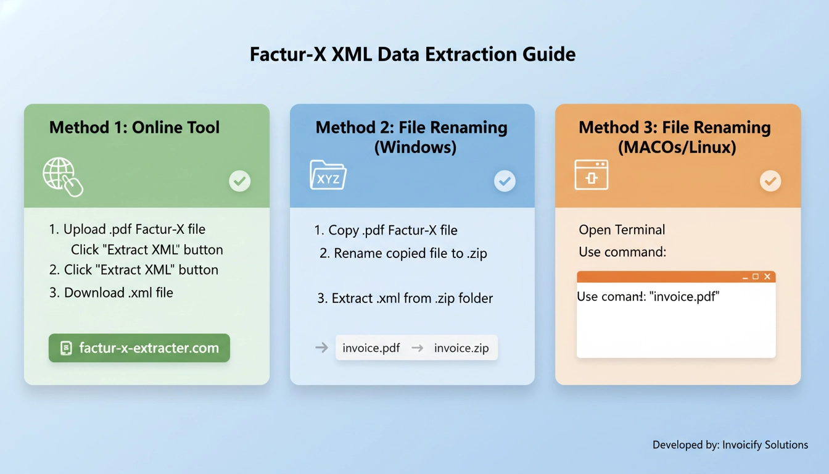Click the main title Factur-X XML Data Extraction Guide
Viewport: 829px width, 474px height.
pyautogui.click(x=413, y=54)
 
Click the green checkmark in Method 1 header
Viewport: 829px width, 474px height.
pyautogui.click(x=240, y=181)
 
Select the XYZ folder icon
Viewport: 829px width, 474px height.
pyautogui.click(x=328, y=175)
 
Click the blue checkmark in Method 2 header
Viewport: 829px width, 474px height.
pyautogui.click(x=505, y=181)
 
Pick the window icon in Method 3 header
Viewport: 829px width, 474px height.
pyautogui.click(x=592, y=175)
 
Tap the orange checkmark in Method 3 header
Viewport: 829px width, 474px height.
pyautogui.click(x=770, y=181)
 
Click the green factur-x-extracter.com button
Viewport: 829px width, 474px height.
pyautogui.click(x=139, y=348)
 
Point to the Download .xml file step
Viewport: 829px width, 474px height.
pyautogui.click(x=111, y=293)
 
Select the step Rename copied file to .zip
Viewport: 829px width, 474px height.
pyautogui.click(x=403, y=254)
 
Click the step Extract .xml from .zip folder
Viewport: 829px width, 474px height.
pyautogui.click(x=405, y=299)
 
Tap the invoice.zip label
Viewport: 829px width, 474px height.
pyautogui.click(x=461, y=348)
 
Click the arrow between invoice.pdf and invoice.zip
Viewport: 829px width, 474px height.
pyautogui.click(x=418, y=348)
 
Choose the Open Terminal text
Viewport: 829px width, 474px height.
pyautogui.click(x=622, y=230)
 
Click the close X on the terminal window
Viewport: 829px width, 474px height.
pyautogui.click(x=767, y=276)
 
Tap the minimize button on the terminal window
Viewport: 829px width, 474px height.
pyautogui.click(x=744, y=276)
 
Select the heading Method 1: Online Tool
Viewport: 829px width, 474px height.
pyautogui.click(x=134, y=128)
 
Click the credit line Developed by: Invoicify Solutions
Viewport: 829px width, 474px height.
pyautogui.click(x=730, y=444)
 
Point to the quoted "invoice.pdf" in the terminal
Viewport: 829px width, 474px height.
pyautogui.click(x=685, y=297)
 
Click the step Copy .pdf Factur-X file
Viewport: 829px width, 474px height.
pyautogui.click(x=386, y=231)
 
